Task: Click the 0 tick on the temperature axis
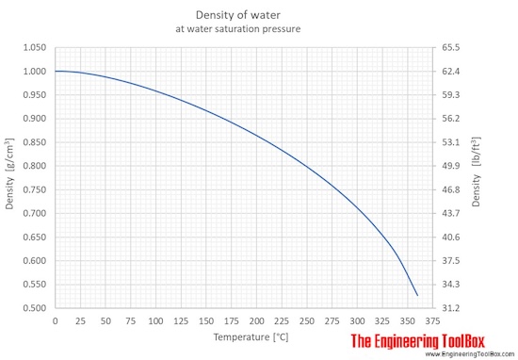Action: coord(56,321)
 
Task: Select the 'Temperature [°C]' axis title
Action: coord(244,336)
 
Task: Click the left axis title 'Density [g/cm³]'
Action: coord(10,177)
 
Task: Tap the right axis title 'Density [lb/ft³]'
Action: coord(478,177)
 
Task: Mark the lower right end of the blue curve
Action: coord(417,295)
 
